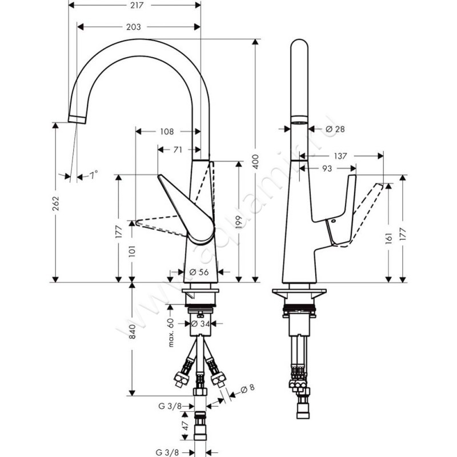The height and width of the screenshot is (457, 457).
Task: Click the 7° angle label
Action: click(93, 175)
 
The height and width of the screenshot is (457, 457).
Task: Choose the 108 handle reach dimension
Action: click(166, 131)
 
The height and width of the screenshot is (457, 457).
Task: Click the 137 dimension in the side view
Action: click(340, 155)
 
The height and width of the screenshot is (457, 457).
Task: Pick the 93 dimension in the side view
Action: click(327, 169)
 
